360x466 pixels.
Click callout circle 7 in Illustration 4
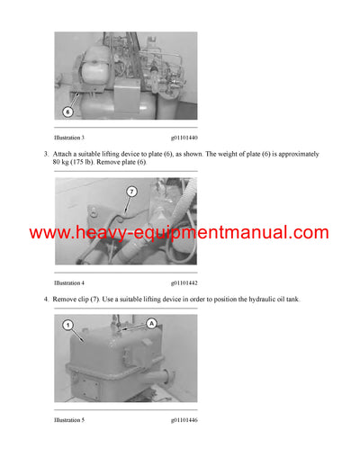point(130,191)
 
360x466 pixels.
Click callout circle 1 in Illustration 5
point(67,327)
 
